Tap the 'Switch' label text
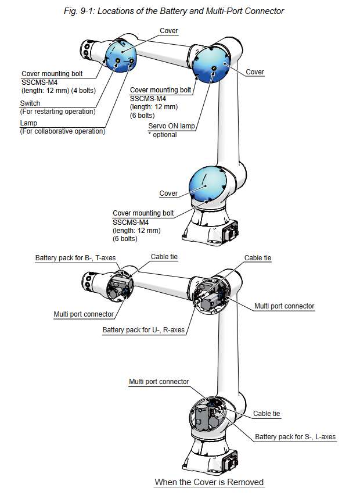pos(30,103)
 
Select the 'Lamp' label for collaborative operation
pos(28,124)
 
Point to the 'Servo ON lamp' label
pos(171,126)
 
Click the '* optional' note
pos(163,134)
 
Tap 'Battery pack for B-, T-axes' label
pos(73,258)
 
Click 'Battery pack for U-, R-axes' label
pos(143,330)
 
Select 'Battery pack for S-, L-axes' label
pos(295,437)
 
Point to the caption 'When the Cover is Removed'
pos(209,482)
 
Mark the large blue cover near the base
pos(207,185)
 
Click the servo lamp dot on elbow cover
pos(214,69)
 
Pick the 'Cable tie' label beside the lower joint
pos(267,414)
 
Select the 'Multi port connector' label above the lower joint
pos(159,382)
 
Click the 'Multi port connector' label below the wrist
pos(84,314)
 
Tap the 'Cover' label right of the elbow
pos(255,72)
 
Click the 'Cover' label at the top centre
pos(168,31)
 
